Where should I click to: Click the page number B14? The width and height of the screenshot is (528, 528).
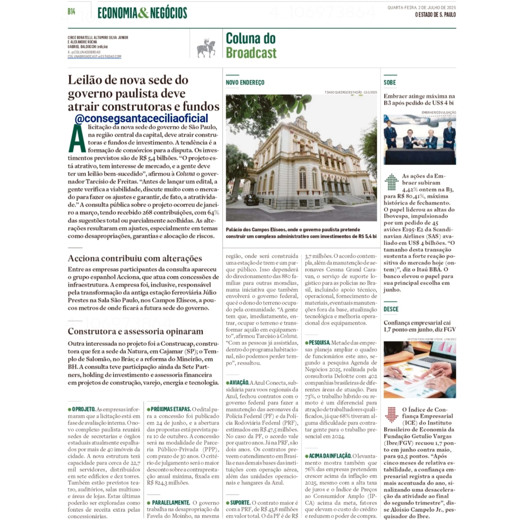(x=71, y=12)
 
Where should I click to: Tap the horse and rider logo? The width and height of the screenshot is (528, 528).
(x=206, y=49)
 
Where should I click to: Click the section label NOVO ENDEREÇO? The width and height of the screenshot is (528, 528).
(x=245, y=83)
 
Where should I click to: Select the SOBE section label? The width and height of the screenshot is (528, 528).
(x=390, y=83)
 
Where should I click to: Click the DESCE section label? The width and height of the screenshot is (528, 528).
(x=391, y=309)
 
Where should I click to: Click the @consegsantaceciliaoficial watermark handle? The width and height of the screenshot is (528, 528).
(x=141, y=118)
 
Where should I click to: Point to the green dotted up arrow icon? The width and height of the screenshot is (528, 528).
(x=392, y=182)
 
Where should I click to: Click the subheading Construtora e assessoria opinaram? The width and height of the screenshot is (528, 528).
(x=135, y=331)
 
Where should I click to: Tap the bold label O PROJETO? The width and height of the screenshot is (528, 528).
(x=84, y=409)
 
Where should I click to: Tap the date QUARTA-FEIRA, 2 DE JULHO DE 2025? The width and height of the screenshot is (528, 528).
(x=422, y=8)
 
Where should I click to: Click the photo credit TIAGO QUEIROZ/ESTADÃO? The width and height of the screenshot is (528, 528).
(x=343, y=92)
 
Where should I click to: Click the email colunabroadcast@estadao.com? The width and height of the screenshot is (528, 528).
(x=94, y=57)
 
